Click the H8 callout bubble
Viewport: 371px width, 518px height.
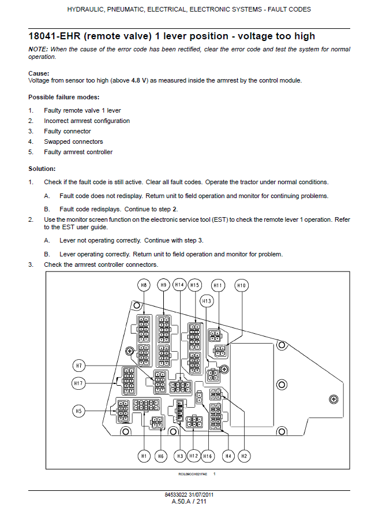click(144, 285)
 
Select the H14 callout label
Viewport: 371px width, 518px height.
click(179, 285)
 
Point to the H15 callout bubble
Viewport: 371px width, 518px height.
click(195, 285)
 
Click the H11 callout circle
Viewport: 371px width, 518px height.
click(218, 285)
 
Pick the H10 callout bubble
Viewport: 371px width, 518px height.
click(242, 285)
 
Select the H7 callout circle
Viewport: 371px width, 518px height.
click(80, 366)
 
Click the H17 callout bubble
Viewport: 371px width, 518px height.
click(80, 383)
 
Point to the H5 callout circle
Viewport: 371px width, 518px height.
click(80, 411)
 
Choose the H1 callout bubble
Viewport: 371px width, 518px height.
click(144, 456)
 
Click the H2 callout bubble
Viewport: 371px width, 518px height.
click(244, 456)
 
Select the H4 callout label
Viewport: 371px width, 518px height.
click(228, 456)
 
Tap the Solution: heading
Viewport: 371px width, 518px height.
click(42, 169)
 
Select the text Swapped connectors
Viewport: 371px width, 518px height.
click(73, 141)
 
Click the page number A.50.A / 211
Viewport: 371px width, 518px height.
click(189, 502)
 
